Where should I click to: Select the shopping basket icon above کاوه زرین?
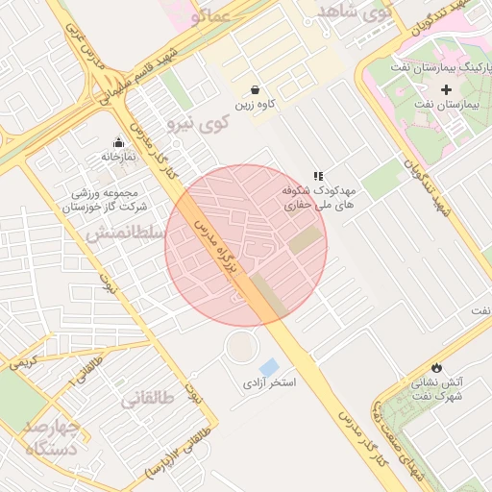255,87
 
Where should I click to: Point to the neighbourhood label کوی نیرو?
198,122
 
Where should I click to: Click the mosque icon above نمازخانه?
118,141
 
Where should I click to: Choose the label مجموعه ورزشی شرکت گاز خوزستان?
106,198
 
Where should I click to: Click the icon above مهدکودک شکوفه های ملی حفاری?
317,176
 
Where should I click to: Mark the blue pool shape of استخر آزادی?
269,366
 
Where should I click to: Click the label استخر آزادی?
268,382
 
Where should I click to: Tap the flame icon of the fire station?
437,366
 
